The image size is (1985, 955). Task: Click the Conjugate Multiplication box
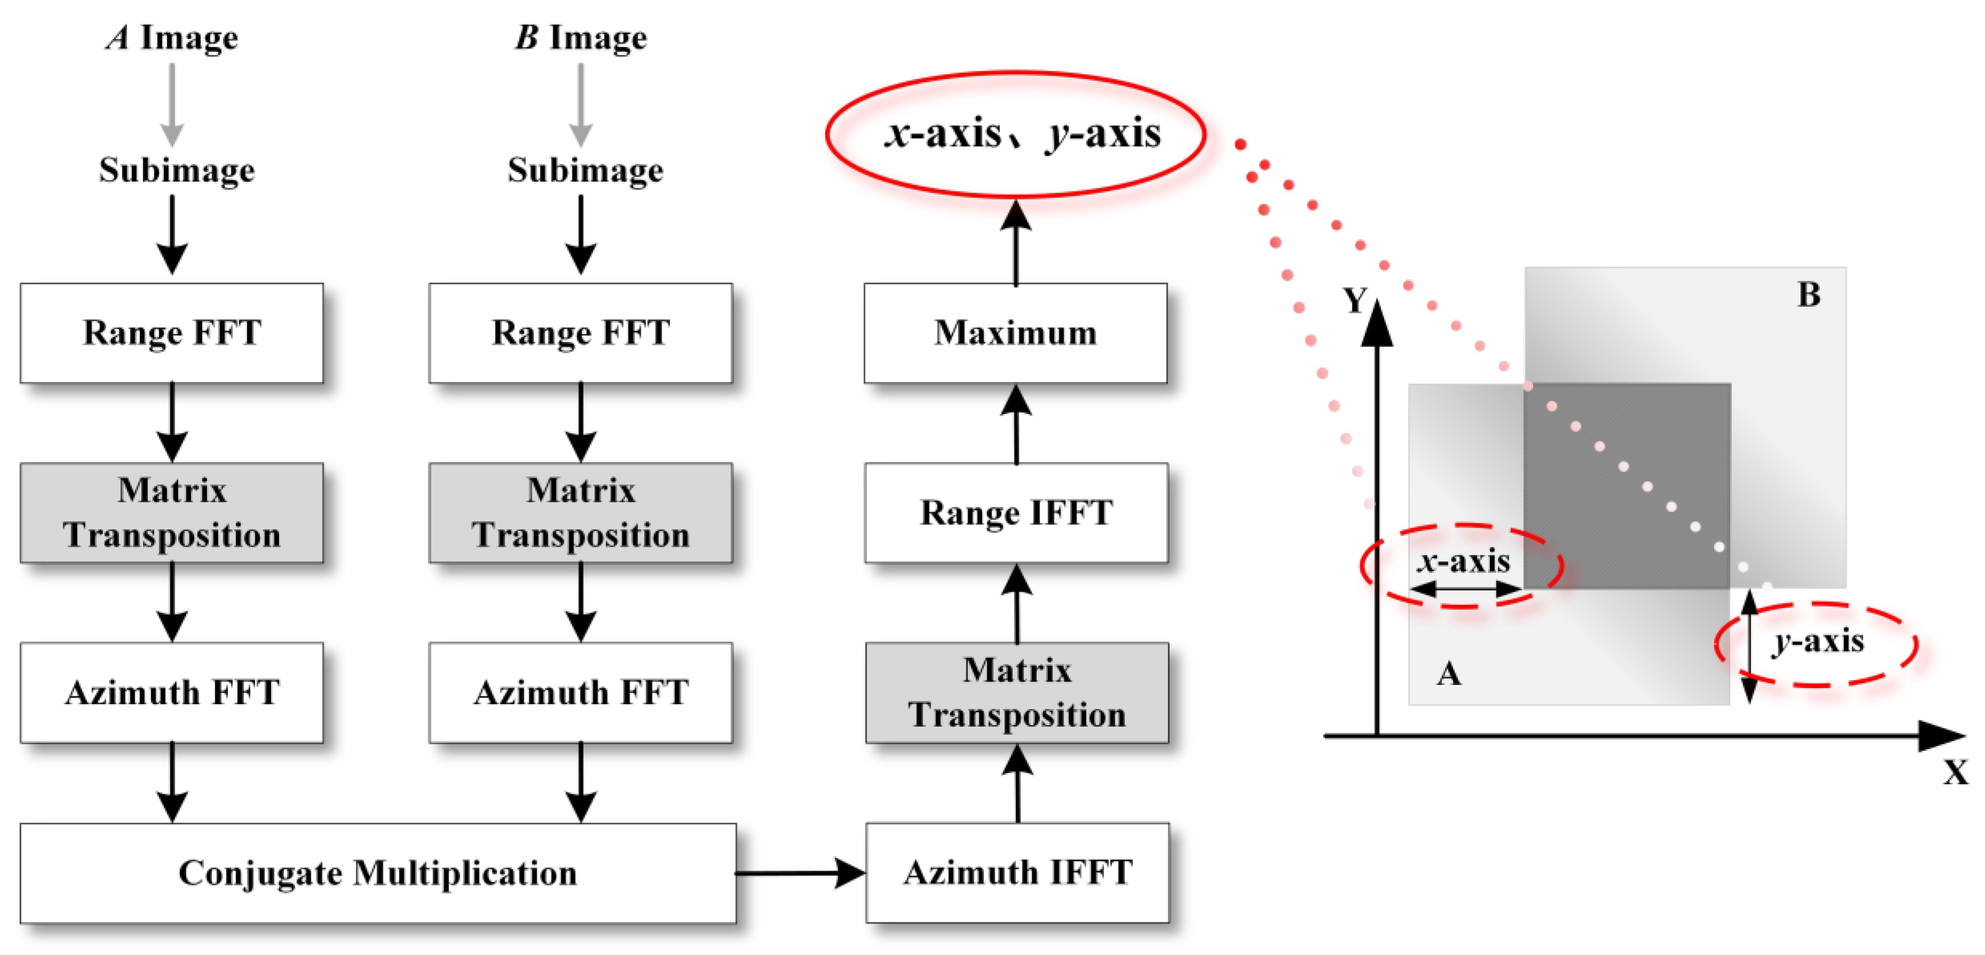tap(378, 873)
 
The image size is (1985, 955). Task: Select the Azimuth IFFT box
tap(1017, 873)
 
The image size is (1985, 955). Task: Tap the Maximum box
tap(1015, 333)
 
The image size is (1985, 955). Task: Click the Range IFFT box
tap(1017, 513)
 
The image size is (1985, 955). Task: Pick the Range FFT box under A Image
tap(172, 333)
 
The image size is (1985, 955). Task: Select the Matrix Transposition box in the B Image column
tap(580, 513)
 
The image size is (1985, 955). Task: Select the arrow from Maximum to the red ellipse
tap(1015, 243)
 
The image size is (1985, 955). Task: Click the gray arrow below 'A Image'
tap(172, 104)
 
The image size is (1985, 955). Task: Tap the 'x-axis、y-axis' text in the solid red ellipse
tap(1022, 134)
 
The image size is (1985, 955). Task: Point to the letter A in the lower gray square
tap(1449, 674)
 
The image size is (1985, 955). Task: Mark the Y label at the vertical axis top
tap(1354, 300)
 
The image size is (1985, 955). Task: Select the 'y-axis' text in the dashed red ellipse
tap(1818, 641)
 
